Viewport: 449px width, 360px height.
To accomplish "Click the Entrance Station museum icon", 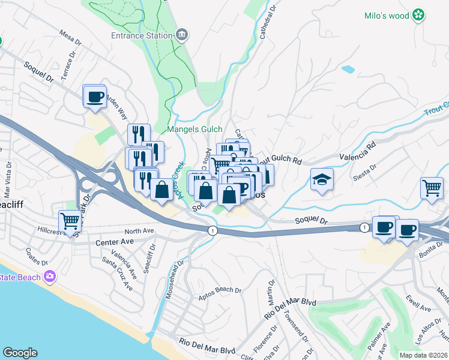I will [182, 35].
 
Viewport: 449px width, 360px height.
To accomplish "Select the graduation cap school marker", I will [322, 179].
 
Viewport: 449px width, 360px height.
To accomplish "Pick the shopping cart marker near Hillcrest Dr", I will [70, 221].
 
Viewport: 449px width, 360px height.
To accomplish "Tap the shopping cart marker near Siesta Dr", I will [432, 188].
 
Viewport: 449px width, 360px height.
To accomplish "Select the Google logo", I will [20, 353].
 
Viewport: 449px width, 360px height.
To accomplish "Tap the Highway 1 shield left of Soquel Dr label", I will [211, 230].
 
